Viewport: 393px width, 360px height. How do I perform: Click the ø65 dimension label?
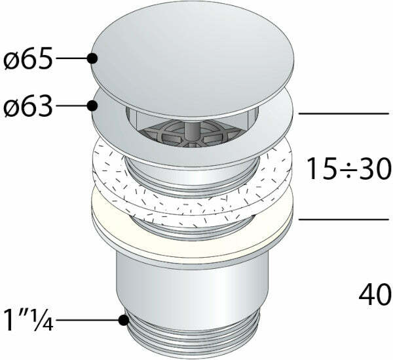pos(28,58)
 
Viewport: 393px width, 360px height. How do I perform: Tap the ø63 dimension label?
pos(28,106)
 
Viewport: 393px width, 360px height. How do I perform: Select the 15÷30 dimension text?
pos(349,169)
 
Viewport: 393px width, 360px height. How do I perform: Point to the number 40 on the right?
pos(375,294)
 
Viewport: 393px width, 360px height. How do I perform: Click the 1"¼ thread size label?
pos(29,320)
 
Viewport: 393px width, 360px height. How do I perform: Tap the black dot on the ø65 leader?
pos(92,58)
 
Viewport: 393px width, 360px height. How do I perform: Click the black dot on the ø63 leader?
pos(92,106)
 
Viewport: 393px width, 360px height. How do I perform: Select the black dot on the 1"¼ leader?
pos(124,320)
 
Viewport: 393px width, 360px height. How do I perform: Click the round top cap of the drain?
pos(193,59)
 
